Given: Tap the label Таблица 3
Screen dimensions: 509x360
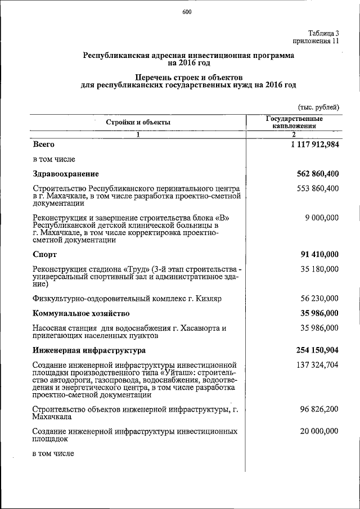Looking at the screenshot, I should point(323,33).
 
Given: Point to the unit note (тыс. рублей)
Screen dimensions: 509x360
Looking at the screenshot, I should point(318,107).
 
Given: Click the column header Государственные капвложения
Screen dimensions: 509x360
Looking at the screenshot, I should point(294,123).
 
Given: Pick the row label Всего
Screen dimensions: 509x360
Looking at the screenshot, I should point(44,145).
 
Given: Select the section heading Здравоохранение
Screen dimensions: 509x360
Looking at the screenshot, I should point(66,173).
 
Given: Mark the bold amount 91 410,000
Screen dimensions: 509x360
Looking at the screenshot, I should point(317,254).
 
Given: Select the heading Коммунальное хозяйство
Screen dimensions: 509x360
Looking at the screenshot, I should point(82,313).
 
